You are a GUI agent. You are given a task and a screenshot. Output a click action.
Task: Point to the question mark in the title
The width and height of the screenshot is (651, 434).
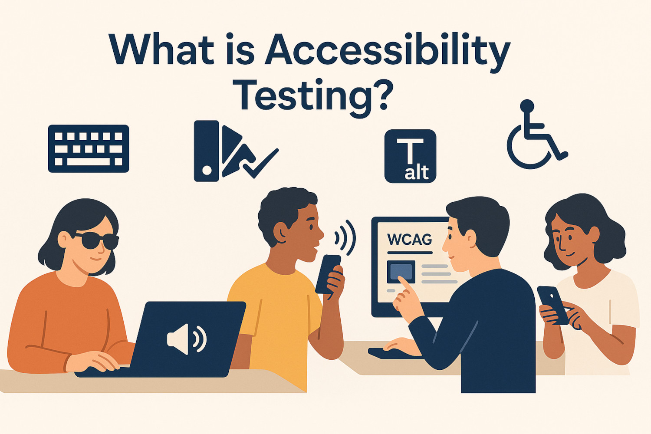(x=382, y=93)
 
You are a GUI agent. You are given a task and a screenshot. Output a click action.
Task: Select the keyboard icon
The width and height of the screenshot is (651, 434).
(x=89, y=148)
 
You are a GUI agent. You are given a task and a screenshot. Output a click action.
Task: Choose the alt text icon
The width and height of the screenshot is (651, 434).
(x=410, y=156)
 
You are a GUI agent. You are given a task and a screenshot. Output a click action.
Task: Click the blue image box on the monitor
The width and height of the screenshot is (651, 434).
(x=401, y=272)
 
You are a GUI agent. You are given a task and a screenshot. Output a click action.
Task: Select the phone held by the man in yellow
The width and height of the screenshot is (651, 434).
(x=328, y=274)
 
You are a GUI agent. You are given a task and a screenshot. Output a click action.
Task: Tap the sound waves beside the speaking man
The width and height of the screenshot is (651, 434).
(x=345, y=237)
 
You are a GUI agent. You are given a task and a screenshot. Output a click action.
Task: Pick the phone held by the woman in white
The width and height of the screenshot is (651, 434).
(x=552, y=305)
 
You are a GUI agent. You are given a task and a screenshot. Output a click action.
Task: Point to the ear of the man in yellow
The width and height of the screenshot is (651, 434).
(x=281, y=233)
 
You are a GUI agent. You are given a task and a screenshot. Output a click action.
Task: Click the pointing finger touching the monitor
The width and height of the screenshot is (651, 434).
(x=404, y=283)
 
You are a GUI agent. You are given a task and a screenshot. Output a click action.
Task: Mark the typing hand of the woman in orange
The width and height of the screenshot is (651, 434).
(x=92, y=362)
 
